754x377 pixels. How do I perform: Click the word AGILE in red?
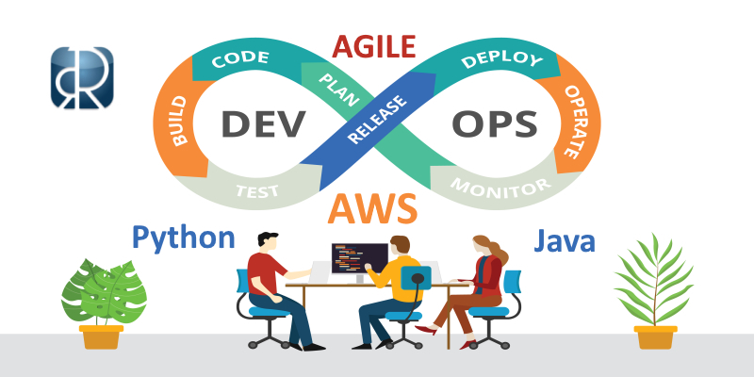pyautogui.click(x=376, y=43)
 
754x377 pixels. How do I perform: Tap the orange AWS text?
pyautogui.click(x=374, y=207)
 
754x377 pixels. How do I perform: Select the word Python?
pyautogui.click(x=183, y=237)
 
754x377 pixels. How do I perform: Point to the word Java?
pyautogui.click(x=565, y=240)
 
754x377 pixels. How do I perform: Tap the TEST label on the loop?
pyautogui.click(x=256, y=190)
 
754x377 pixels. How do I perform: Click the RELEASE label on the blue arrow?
pyautogui.click(x=377, y=123)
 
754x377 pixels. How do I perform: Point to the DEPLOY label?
pyautogui.click(x=502, y=61)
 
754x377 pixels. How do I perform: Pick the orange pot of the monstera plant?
pyautogui.click(x=102, y=336)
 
